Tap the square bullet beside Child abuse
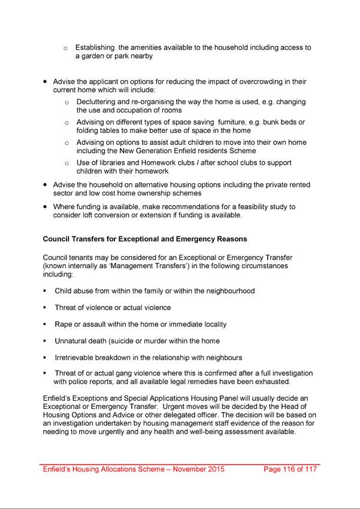45,291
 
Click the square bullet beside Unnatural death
45,341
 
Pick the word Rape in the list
64,324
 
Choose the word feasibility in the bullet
247,207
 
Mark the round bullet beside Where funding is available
45,207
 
